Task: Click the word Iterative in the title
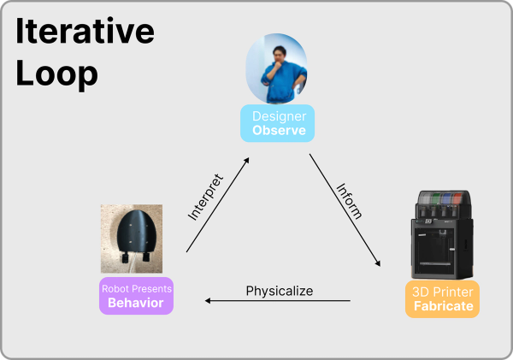[85, 31]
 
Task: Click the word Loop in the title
[56, 74]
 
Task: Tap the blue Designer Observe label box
[277, 123]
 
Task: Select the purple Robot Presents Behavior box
[137, 296]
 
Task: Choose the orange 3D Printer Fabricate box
[442, 299]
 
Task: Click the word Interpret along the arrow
[205, 198]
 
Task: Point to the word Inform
[350, 201]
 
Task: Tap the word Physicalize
[280, 291]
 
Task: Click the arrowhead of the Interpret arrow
[247, 160]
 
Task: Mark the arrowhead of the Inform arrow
[378, 263]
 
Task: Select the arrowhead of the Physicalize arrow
[208, 300]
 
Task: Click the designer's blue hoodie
[280, 81]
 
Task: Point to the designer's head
[279, 54]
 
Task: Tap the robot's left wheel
[125, 257]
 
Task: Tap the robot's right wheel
[146, 256]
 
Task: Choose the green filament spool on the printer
[435, 198]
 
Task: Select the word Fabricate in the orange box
[444, 306]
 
